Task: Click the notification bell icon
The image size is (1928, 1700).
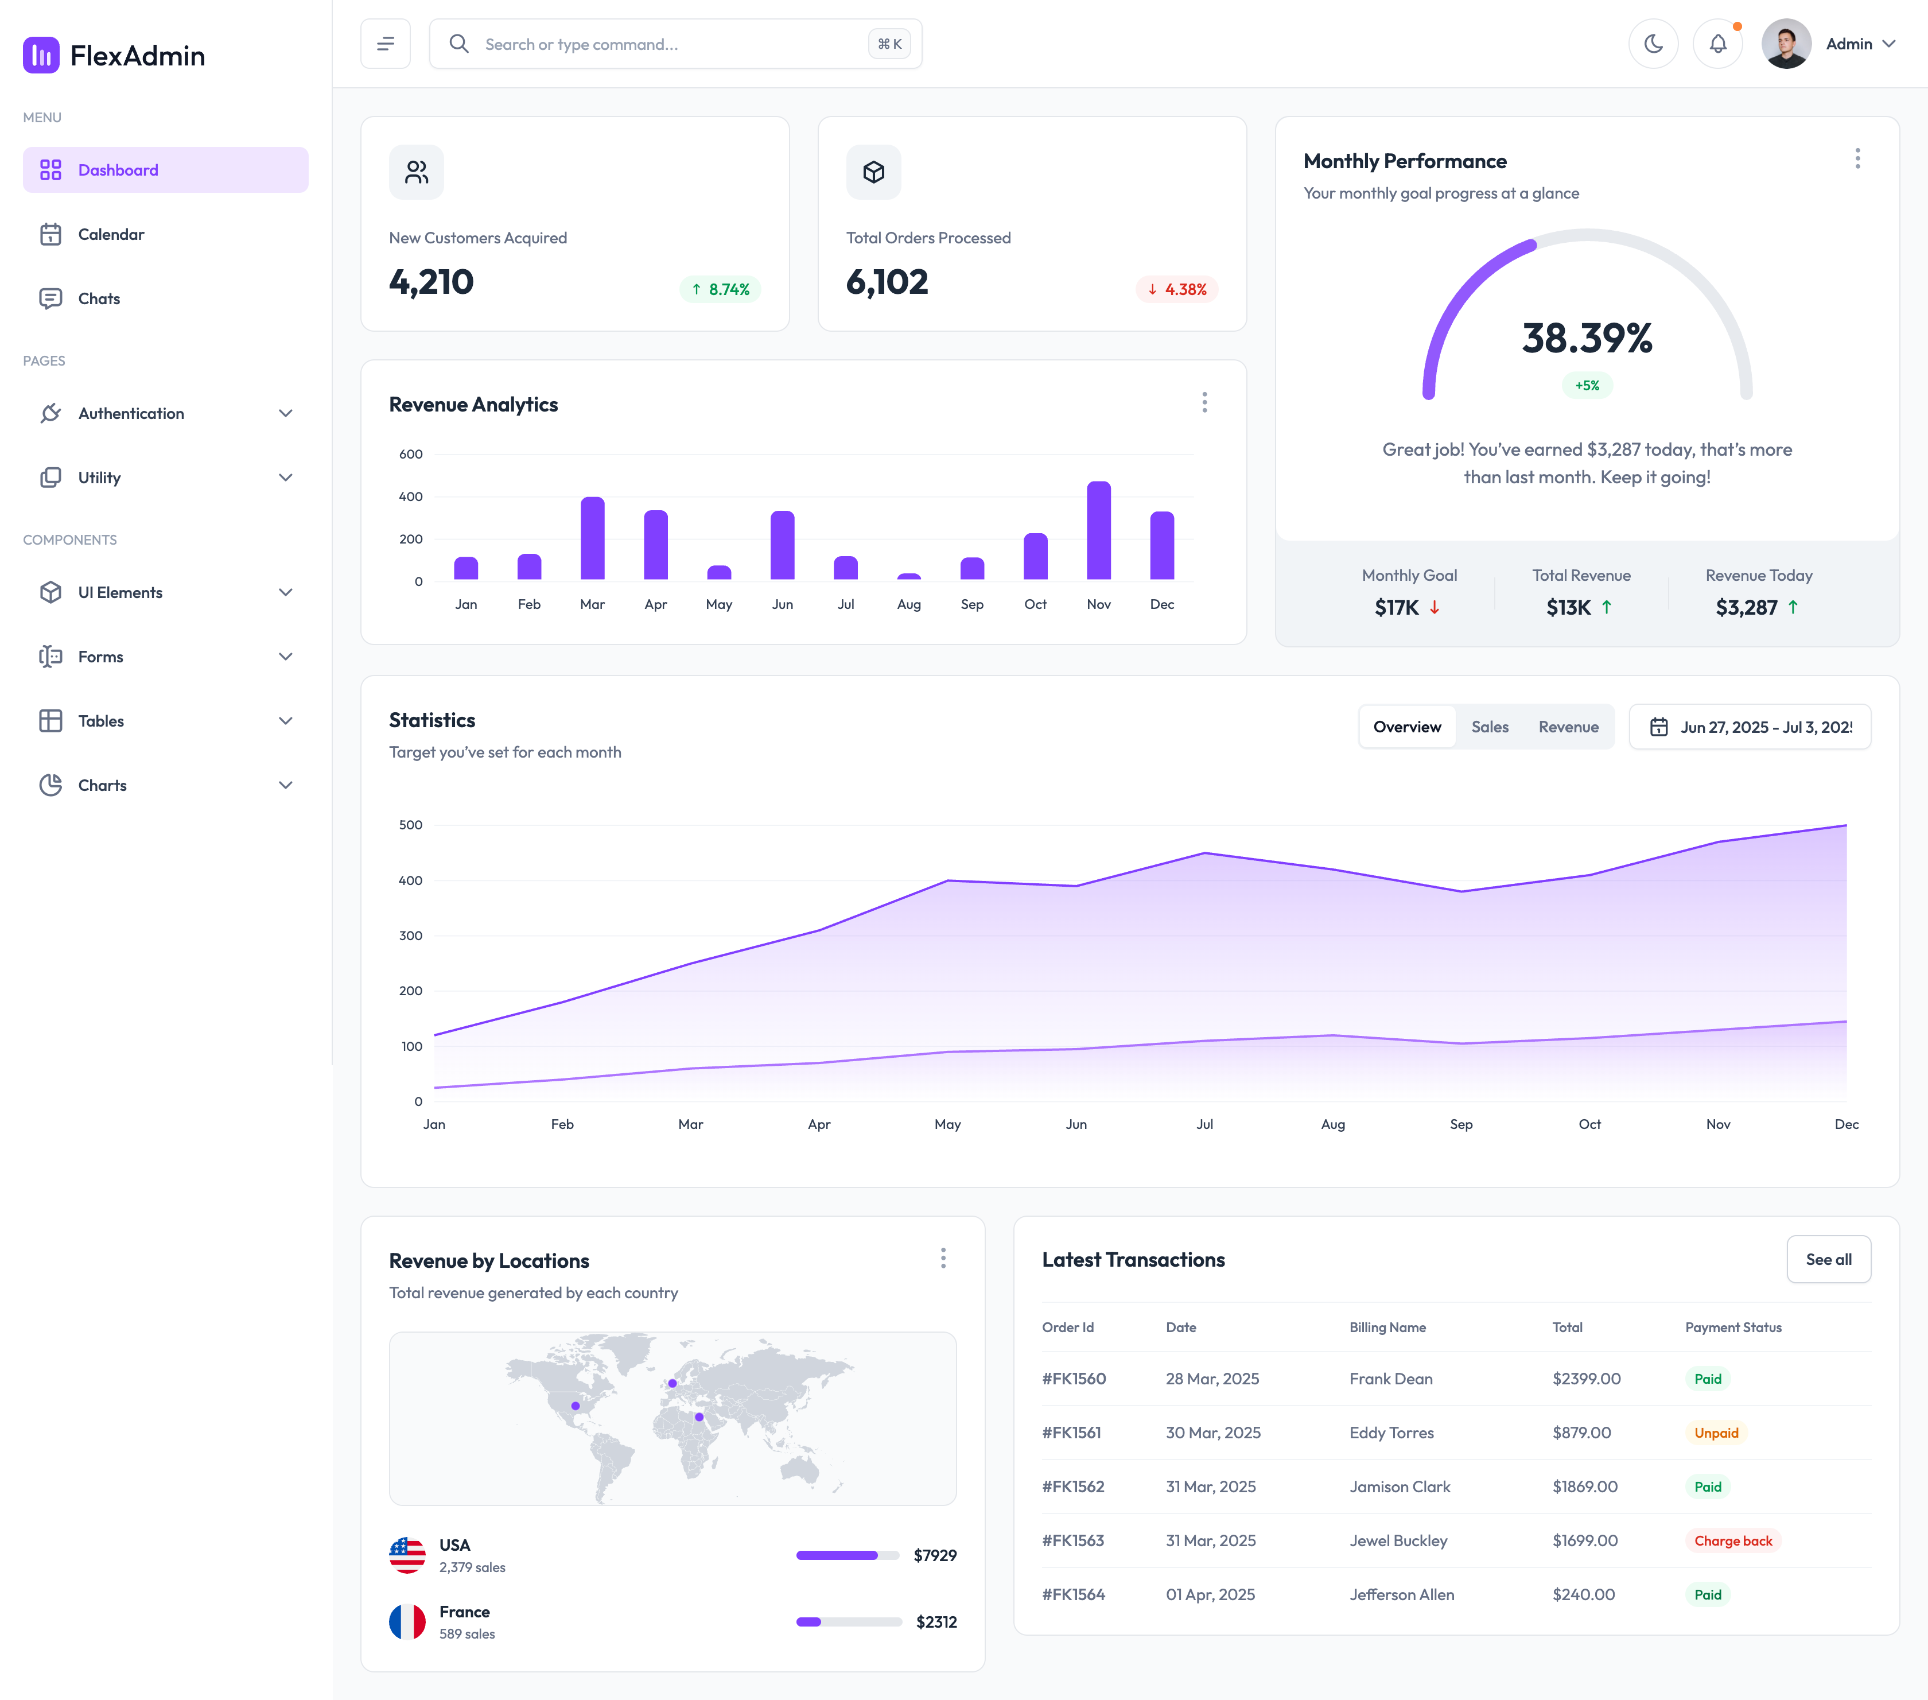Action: [1717, 44]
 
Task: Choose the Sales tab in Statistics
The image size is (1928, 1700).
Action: [1490, 727]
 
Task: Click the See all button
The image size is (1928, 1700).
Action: [1828, 1259]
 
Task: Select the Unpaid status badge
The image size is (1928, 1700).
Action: [1716, 1432]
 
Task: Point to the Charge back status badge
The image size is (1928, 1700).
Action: [1733, 1540]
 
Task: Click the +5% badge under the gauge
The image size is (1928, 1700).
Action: [1588, 385]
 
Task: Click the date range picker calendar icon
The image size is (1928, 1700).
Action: [1658, 727]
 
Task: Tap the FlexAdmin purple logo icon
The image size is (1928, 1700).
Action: [41, 56]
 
